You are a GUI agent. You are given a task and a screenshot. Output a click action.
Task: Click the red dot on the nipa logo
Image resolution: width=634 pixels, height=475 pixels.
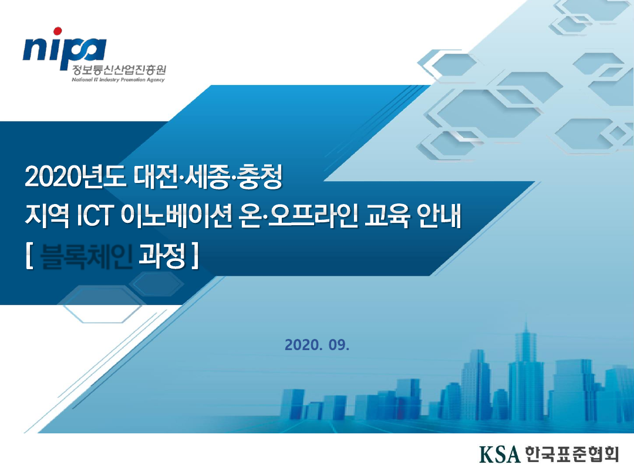click(57, 31)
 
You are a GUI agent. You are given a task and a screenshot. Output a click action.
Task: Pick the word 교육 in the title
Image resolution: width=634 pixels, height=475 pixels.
click(390, 218)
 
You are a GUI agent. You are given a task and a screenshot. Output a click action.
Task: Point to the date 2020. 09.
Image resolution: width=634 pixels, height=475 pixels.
click(316, 345)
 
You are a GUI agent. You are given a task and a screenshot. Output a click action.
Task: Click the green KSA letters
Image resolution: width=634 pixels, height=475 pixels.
click(500, 453)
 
